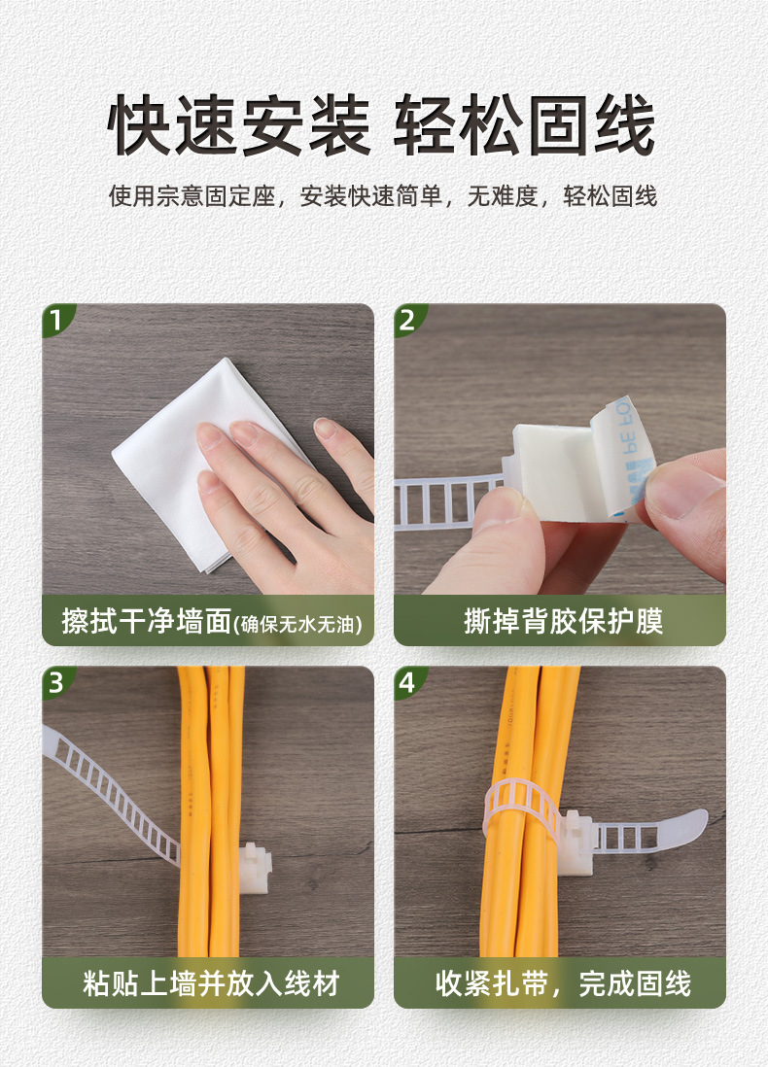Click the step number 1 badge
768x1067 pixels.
point(55,320)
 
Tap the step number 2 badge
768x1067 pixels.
point(407,320)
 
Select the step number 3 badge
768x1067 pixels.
point(55,682)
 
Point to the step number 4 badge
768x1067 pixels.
point(407,682)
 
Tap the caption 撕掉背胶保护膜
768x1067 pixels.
point(563,621)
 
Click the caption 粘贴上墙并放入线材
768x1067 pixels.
point(211,983)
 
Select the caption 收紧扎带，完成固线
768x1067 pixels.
point(563,983)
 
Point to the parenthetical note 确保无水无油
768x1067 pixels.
point(297,624)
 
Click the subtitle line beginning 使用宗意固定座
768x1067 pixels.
point(383,196)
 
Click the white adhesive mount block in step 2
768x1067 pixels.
point(551,469)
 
